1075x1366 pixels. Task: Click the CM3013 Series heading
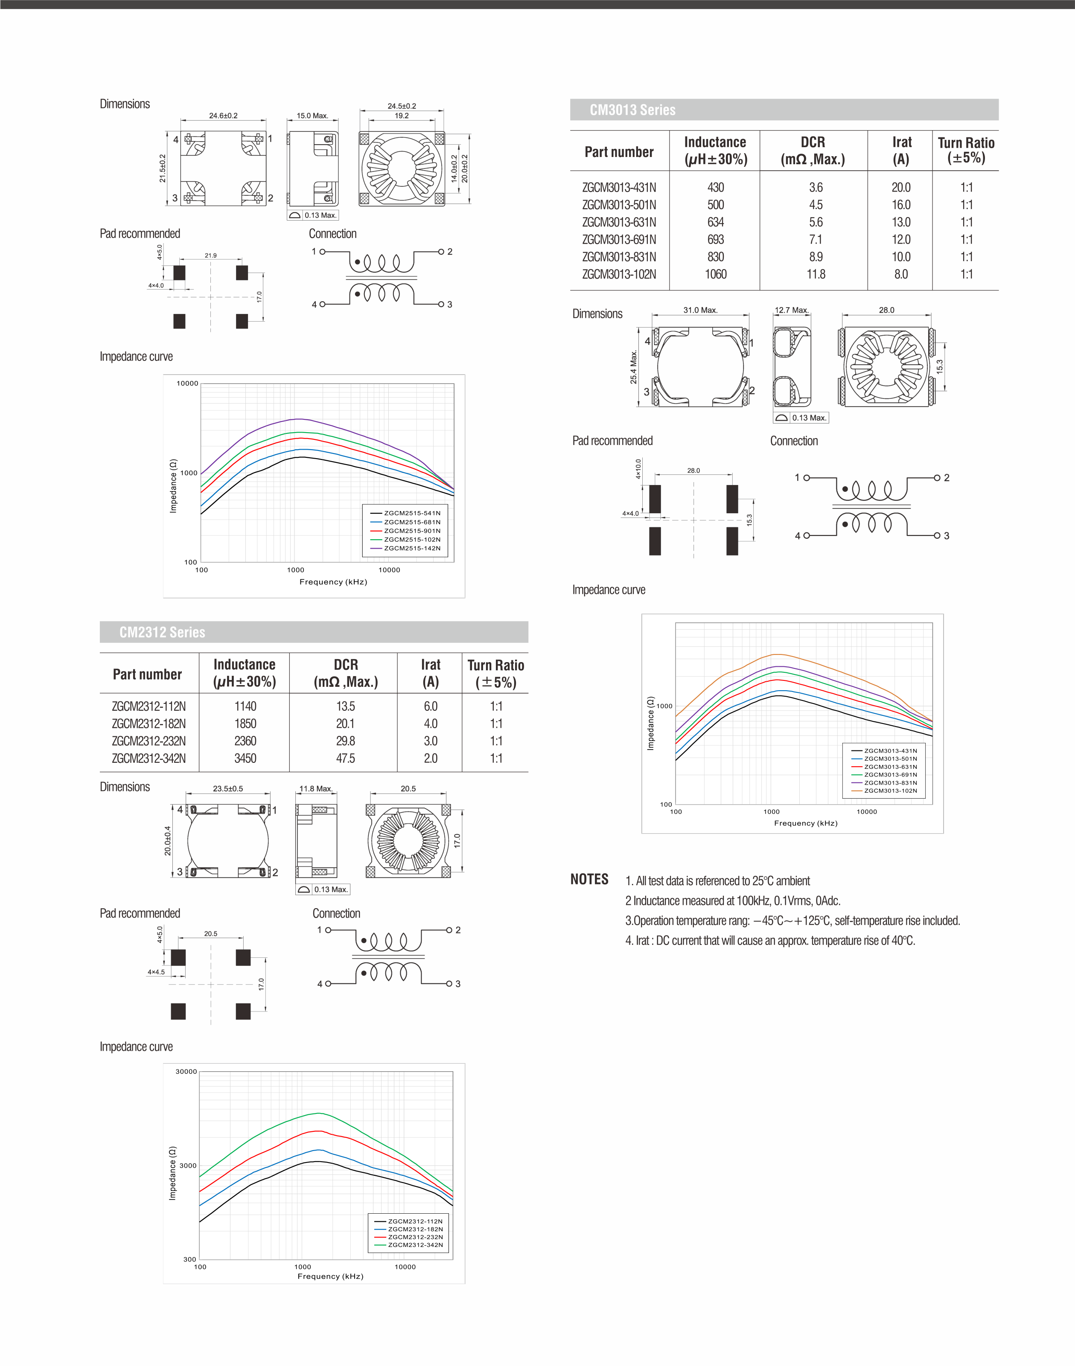pyautogui.click(x=632, y=110)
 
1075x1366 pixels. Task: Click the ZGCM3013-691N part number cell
pyautogui.click(x=619, y=240)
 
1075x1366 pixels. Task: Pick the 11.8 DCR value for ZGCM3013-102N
pyautogui.click(x=816, y=274)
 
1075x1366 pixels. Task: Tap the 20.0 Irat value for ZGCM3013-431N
pyautogui.click(x=900, y=188)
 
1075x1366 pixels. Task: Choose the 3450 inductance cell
pyautogui.click(x=245, y=758)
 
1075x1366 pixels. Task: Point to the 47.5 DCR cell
pyautogui.click(x=346, y=758)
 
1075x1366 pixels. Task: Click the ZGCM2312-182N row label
pyautogui.click(x=149, y=724)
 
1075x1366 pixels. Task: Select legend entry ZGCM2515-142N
pyautogui.click(x=412, y=548)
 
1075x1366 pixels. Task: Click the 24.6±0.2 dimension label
pyautogui.click(x=224, y=116)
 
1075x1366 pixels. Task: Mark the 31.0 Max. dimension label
pyautogui.click(x=700, y=310)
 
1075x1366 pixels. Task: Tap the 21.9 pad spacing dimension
pyautogui.click(x=210, y=256)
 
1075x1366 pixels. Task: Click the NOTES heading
pyautogui.click(x=589, y=880)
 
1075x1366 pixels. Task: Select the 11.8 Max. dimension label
pyautogui.click(x=315, y=788)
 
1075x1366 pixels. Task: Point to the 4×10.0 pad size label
pyautogui.click(x=638, y=469)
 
